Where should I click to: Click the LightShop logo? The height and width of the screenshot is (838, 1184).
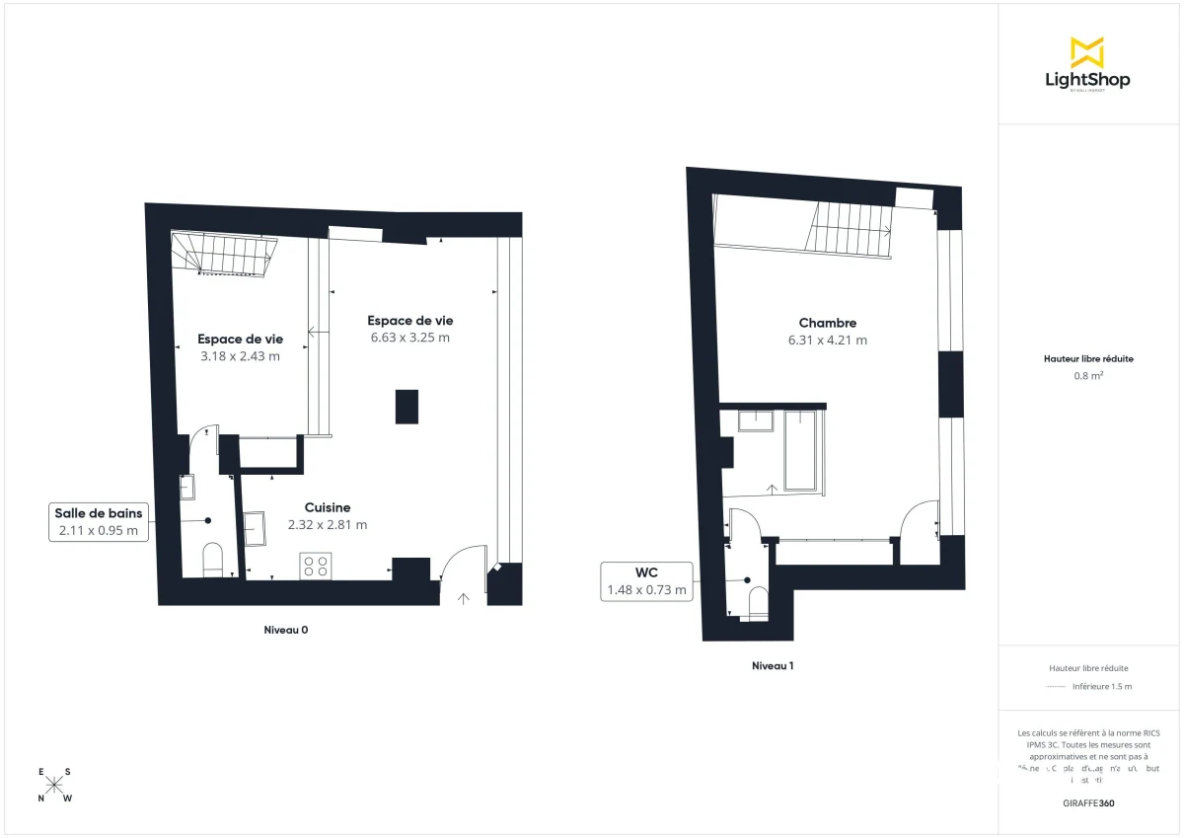(x=1086, y=63)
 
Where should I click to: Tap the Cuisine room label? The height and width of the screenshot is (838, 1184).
(x=327, y=507)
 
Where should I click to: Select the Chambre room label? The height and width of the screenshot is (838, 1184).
(x=827, y=323)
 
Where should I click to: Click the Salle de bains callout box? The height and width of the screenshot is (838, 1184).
(x=99, y=521)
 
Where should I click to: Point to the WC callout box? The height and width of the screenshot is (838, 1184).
(x=646, y=580)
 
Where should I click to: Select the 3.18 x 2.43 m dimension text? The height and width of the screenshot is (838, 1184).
(x=240, y=356)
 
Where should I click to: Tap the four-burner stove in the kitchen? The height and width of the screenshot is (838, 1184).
(x=316, y=566)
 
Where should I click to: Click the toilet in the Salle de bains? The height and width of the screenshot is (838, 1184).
(x=212, y=559)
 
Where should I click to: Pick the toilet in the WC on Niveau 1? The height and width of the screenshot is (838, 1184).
(x=758, y=602)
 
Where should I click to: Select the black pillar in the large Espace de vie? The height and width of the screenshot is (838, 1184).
(x=407, y=407)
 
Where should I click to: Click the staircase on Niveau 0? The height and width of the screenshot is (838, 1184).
(x=222, y=255)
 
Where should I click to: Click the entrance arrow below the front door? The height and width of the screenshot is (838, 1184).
(x=464, y=596)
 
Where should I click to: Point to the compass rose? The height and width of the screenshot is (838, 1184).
(x=54, y=785)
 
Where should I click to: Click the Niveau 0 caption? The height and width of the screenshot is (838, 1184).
(x=292, y=629)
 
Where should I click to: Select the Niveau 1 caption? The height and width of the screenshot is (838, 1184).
(x=773, y=665)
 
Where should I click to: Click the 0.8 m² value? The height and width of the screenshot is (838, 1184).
(x=1087, y=375)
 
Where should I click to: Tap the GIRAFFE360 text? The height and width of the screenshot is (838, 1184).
(x=1087, y=802)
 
